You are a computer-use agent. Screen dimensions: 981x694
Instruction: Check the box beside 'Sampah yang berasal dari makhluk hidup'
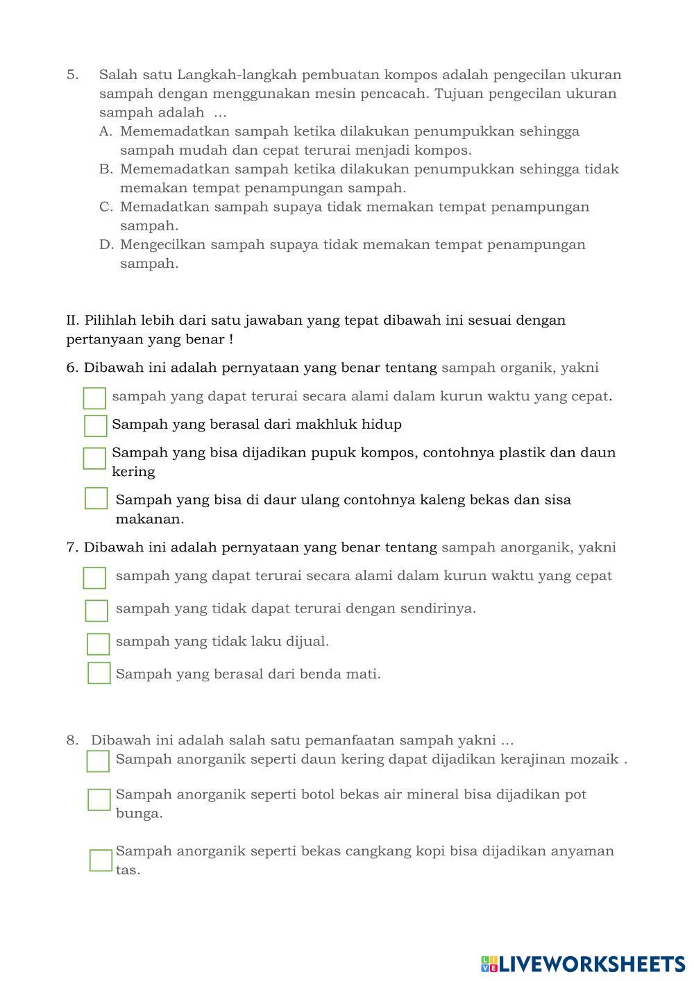pos(95,425)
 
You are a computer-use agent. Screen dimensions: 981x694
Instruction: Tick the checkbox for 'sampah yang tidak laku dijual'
pos(98,644)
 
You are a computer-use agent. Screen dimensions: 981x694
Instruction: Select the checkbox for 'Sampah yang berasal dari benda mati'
pos(99,673)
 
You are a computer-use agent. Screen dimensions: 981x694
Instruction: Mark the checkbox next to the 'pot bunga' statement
pos(99,799)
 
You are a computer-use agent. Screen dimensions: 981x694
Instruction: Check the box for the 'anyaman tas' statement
pos(101,860)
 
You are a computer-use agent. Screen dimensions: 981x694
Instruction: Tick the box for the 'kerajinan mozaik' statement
pos(98,761)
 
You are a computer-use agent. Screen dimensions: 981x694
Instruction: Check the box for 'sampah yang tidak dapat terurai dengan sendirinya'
pos(96,611)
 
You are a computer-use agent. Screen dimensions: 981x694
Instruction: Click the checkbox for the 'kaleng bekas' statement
pos(96,498)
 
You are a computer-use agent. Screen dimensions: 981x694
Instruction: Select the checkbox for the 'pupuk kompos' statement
pos(94,458)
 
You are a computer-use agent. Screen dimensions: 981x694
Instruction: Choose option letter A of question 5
pos(105,131)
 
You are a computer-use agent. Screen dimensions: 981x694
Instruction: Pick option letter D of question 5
pos(105,244)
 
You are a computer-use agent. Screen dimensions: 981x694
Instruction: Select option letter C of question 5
pos(105,207)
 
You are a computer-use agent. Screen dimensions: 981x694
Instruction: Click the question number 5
pos(72,74)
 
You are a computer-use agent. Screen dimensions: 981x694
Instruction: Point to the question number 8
pos(72,740)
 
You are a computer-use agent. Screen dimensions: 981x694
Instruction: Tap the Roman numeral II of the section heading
pos(73,321)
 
